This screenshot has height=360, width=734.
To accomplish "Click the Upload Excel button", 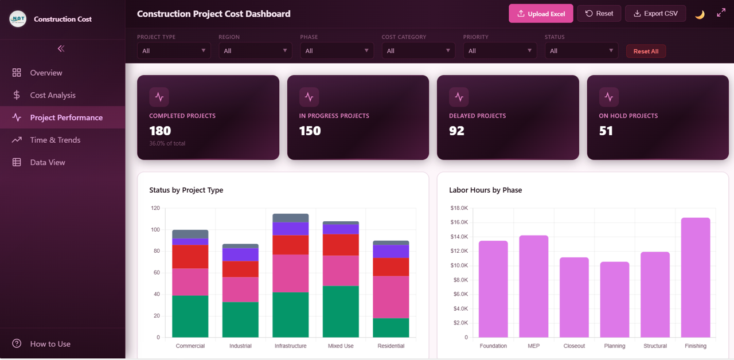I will point(541,14).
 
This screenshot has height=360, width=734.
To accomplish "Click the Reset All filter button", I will point(646,51).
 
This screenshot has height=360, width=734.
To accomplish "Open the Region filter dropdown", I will point(255,50).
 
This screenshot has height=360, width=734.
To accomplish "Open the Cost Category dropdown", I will point(418,50).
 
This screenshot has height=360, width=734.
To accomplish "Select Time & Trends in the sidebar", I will point(55,140).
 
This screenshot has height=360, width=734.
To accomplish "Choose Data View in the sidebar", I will point(48,162).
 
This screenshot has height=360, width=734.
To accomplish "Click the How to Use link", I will point(50,344).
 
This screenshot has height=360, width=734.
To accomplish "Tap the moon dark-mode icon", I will point(700,14).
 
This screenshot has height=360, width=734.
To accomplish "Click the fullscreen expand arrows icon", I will point(721,13).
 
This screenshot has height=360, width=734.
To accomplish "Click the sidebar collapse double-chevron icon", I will point(61,49).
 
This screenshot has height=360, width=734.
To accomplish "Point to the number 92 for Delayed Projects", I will point(456,131).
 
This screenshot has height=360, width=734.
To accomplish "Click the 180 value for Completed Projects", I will point(160,131).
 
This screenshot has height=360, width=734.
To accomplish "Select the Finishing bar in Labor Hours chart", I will point(695,277).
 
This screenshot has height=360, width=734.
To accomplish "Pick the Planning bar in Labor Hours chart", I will point(615,299).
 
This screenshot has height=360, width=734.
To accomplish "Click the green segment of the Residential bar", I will point(391,327).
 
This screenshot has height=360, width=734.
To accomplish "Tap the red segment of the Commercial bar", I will point(190,256).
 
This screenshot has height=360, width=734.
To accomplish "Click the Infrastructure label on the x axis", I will point(290,346).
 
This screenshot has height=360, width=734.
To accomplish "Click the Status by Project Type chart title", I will point(186,190).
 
